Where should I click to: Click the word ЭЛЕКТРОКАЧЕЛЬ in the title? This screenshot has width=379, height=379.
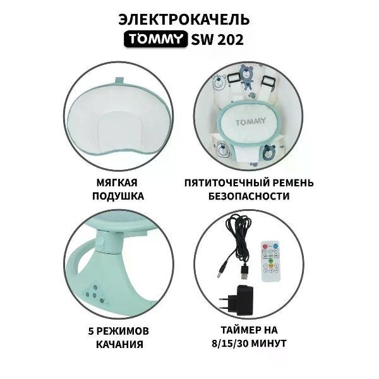coord(189,19)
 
